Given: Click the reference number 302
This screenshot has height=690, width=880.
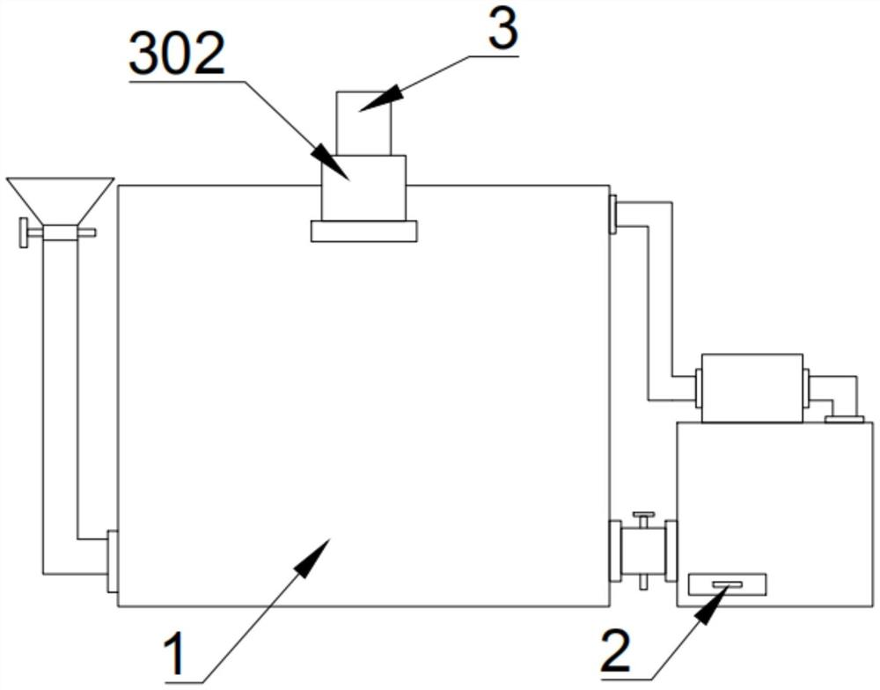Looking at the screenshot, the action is coord(177,56).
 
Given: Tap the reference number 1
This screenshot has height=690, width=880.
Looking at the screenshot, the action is coord(179,656).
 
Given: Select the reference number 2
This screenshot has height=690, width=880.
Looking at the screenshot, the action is coord(627,652).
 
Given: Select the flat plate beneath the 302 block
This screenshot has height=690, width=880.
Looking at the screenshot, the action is coord(363,231).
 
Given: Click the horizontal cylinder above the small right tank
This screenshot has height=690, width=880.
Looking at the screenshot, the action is coord(752,387).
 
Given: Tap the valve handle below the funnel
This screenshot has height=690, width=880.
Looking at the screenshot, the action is coord(26,233).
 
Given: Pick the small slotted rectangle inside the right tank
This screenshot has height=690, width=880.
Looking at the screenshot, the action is coord(726,584).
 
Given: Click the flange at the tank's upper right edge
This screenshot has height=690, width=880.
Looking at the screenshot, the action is coord(612,215).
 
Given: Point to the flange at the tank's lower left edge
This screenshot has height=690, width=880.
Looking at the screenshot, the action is coord(112,562).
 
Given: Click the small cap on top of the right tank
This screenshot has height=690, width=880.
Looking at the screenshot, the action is coord(843,419).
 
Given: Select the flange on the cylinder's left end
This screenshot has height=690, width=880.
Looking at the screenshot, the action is coord(699,388).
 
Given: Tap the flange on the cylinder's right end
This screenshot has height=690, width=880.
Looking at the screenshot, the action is coord(805,388).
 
